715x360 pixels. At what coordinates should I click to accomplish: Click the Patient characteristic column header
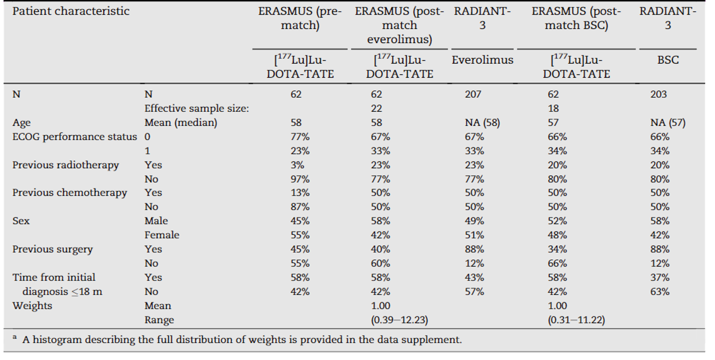[x=71, y=12]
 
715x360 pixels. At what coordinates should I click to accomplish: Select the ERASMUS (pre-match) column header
[x=300, y=18]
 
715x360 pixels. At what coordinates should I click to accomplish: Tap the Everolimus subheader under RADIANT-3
[x=482, y=60]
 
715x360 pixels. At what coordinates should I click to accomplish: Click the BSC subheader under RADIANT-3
[x=667, y=60]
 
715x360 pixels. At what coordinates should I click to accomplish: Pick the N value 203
[x=658, y=94]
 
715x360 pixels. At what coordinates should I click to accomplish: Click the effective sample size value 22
[x=376, y=108]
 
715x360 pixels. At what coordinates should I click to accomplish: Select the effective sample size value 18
[x=553, y=108]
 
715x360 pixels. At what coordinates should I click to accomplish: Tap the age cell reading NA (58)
[x=482, y=123]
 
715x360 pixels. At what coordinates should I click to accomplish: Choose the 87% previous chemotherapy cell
[x=300, y=207]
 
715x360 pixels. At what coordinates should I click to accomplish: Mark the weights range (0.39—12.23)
[x=399, y=320]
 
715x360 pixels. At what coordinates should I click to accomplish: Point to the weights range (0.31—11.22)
[x=576, y=320]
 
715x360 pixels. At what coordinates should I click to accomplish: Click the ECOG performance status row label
[x=74, y=137]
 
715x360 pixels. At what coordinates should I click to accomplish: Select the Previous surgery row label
[x=52, y=249]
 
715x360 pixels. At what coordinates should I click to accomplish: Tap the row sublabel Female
[x=161, y=235]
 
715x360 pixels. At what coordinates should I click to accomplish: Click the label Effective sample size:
[x=196, y=108]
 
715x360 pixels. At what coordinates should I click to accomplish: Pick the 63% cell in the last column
[x=659, y=292]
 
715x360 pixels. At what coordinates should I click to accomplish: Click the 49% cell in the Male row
[x=474, y=221]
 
